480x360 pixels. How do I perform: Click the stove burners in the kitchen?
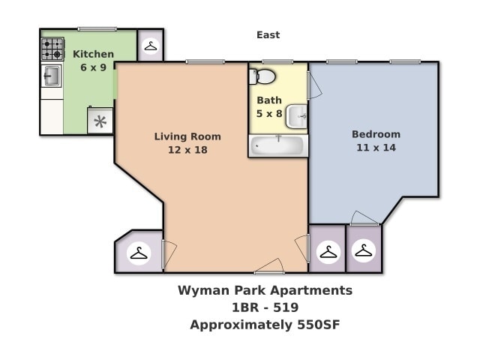[52, 49]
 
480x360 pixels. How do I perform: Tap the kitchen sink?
[52, 76]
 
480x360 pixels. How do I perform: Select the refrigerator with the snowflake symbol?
[100, 121]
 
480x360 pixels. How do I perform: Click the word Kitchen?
[93, 54]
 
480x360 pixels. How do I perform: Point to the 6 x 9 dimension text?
[93, 67]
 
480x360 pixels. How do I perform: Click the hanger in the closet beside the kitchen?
[151, 46]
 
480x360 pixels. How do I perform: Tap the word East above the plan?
[268, 34]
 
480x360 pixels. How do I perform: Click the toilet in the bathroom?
[263, 76]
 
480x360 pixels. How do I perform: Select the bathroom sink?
[298, 115]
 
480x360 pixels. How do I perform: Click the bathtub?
[277, 145]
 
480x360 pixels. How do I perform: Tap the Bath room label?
[269, 100]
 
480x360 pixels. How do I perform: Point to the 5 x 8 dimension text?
[269, 113]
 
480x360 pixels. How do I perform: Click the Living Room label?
[187, 136]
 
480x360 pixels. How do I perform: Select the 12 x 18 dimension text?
[187, 149]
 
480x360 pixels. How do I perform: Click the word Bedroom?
[376, 134]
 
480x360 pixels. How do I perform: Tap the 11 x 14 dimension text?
[376, 148]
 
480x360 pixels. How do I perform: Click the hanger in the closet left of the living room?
[139, 253]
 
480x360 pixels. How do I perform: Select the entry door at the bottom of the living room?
[269, 267]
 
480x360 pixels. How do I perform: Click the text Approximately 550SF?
[265, 325]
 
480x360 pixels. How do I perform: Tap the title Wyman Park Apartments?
[265, 290]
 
